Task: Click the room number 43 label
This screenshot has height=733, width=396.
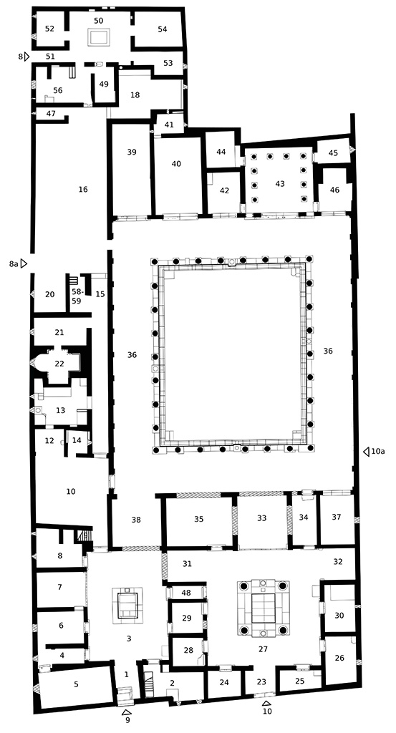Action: click(x=279, y=184)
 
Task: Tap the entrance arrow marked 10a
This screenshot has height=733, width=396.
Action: click(x=366, y=451)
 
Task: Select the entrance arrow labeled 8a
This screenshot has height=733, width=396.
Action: click(x=24, y=264)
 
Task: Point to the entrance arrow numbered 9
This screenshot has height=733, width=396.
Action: click(x=127, y=712)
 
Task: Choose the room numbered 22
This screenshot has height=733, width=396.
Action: click(x=59, y=364)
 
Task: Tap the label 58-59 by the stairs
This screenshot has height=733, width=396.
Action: click(x=77, y=296)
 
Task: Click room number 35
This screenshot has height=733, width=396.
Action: click(x=199, y=518)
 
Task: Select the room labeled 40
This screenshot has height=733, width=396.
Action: click(x=177, y=164)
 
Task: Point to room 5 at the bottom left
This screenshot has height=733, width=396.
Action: click(x=76, y=684)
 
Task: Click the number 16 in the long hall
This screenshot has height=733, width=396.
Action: click(x=83, y=189)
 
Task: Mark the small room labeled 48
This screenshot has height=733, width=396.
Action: click(x=186, y=593)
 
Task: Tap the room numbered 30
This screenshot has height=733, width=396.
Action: click(x=339, y=615)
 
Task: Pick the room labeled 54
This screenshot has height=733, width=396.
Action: click(x=162, y=29)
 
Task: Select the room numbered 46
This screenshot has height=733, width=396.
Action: click(x=334, y=190)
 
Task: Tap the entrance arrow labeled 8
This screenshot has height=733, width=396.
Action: click(x=26, y=56)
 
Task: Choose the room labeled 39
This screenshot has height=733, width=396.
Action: click(x=131, y=152)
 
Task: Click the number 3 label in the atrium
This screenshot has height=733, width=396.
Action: click(x=129, y=637)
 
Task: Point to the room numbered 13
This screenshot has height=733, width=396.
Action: click(x=61, y=410)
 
